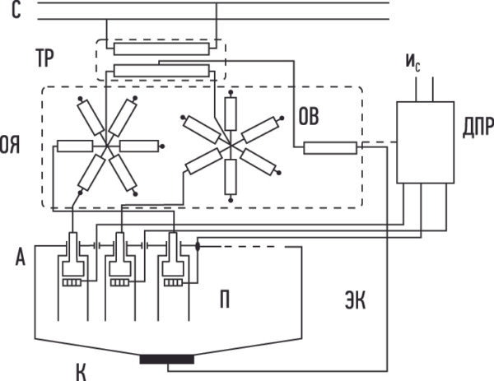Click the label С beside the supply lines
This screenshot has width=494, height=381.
[16, 10]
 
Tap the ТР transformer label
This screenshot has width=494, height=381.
[44, 58]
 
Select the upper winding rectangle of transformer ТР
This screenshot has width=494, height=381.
[161, 49]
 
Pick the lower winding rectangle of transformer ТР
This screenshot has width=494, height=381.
[161, 71]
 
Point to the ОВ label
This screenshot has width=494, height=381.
[309, 116]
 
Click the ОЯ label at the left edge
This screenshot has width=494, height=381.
[9, 145]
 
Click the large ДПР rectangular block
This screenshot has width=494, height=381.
[425, 142]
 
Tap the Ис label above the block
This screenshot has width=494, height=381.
[412, 63]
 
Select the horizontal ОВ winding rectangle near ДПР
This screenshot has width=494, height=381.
[330, 148]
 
